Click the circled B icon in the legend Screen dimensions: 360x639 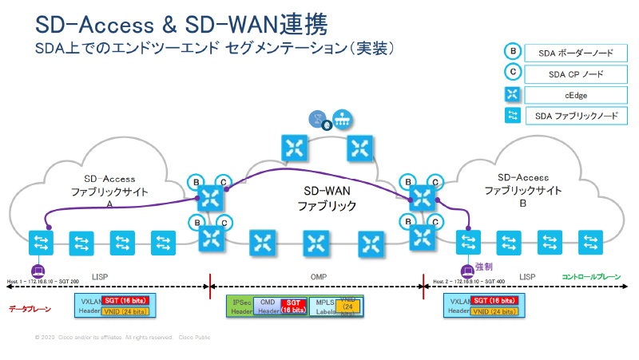512,53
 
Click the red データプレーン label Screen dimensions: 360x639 30,308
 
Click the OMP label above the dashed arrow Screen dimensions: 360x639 317,276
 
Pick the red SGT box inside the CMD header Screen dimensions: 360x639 293,305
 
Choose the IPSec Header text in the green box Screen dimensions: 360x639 240,306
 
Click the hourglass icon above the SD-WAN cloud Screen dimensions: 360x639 318,120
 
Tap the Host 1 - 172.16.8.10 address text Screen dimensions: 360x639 44,282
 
